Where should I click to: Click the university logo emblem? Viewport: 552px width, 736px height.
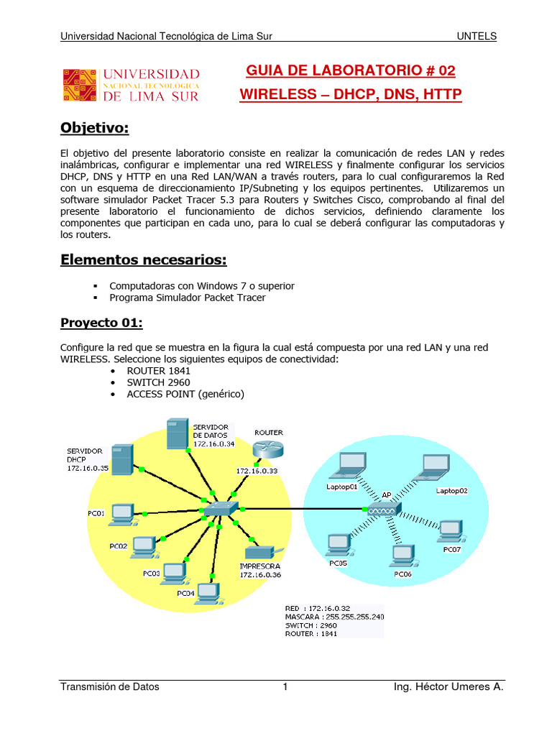pyautogui.click(x=79, y=85)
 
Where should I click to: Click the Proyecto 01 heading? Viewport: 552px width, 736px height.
pyautogui.click(x=101, y=323)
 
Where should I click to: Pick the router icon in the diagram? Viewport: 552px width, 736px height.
pyautogui.click(x=268, y=450)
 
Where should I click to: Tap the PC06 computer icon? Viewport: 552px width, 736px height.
pyautogui.click(x=402, y=555)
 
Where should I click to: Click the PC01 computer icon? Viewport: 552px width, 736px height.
pyautogui.click(x=122, y=512)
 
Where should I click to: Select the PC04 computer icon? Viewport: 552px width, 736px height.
pyautogui.click(x=208, y=592)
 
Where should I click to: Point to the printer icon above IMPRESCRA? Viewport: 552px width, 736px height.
pyautogui.click(x=259, y=553)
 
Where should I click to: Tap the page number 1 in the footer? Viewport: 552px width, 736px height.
pyautogui.click(x=285, y=687)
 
